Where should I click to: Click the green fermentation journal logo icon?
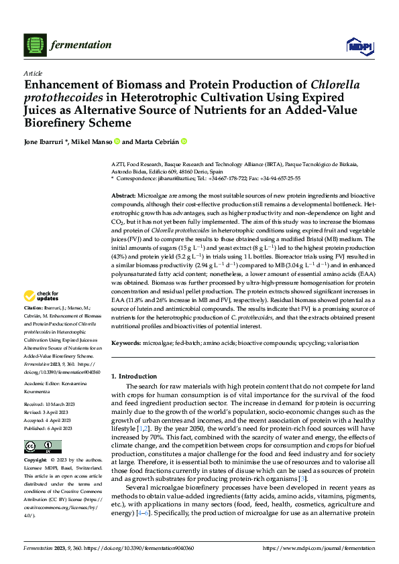click(x=34, y=45)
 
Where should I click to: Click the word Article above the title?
click(x=33, y=73)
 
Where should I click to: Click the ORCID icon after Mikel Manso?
click(x=117, y=142)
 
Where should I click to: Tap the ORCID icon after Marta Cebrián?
click(x=184, y=142)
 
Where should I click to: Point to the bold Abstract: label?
click(x=125, y=194)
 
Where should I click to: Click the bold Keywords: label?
click(x=127, y=343)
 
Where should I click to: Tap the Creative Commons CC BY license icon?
click(x=39, y=447)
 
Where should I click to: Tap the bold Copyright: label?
click(x=36, y=461)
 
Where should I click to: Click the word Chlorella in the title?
click(x=337, y=85)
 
